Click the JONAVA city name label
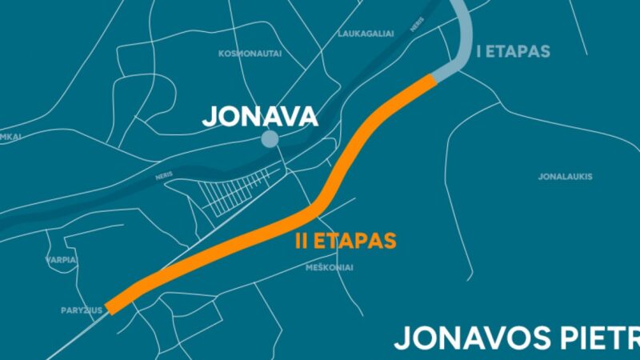tap(260, 117)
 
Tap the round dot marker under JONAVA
tap(270, 140)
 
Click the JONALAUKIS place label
tap(565, 176)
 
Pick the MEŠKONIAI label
tap(329, 267)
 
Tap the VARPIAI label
tap(62, 260)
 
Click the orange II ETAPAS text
tap(345, 241)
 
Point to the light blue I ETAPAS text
tap(513, 52)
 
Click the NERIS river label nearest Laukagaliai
tap(417, 25)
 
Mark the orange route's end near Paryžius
tap(114, 306)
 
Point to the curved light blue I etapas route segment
tap(465, 40)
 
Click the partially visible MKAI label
tap(10, 137)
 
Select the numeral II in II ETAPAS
tap(300, 241)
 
